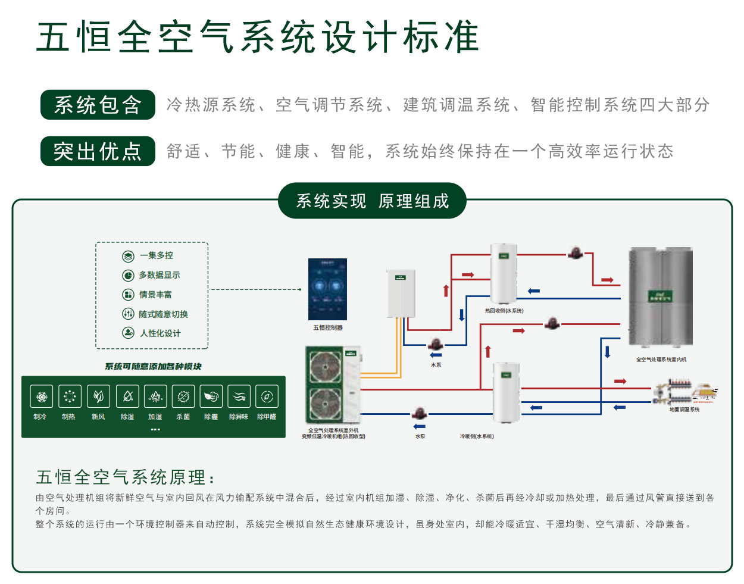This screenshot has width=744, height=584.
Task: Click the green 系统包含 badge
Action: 98,105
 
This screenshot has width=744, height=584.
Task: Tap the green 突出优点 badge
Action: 98,151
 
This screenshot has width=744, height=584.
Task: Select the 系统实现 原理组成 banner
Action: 372,201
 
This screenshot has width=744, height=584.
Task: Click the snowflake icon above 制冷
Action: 41,396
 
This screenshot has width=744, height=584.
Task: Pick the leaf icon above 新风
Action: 98,396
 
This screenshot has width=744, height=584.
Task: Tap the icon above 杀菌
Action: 183,396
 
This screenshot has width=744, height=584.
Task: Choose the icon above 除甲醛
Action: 267,396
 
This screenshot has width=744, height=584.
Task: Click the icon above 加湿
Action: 155,396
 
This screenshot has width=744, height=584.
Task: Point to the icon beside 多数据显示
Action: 128,275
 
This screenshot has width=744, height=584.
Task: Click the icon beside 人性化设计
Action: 128,333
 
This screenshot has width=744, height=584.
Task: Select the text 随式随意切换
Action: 163,314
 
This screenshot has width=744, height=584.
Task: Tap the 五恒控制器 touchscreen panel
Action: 327,289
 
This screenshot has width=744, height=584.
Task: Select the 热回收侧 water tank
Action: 504,274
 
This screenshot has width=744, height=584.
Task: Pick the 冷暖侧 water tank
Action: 506,393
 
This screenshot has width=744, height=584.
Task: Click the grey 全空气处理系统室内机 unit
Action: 661,297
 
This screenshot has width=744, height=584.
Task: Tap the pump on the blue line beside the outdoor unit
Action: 420,413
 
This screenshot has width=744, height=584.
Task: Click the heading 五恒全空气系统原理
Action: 125,477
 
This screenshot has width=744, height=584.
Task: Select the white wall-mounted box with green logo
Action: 401,293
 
